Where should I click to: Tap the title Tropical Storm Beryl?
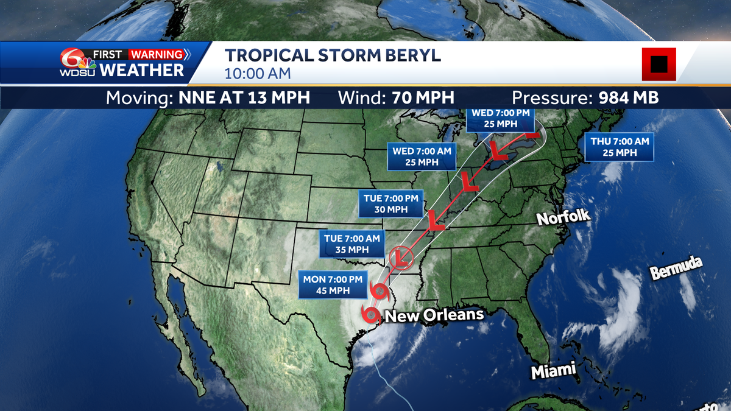tap(333, 55)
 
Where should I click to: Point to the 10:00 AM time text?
tap(258, 74)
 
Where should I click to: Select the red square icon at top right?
tap(659, 64)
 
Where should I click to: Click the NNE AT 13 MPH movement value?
tap(244, 97)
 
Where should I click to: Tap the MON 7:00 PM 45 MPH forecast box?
tap(333, 285)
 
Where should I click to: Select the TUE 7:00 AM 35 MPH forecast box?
tap(353, 244)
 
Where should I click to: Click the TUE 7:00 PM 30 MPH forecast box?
tap(390, 204)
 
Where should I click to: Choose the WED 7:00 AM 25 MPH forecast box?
tap(422, 156)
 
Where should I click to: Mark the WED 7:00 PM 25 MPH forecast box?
tap(496, 118)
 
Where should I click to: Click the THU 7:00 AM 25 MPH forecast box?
tap(620, 147)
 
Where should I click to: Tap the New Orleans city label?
tap(434, 315)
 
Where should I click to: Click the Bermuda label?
tap(676, 269)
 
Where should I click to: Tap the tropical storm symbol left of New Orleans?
tap(369, 315)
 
